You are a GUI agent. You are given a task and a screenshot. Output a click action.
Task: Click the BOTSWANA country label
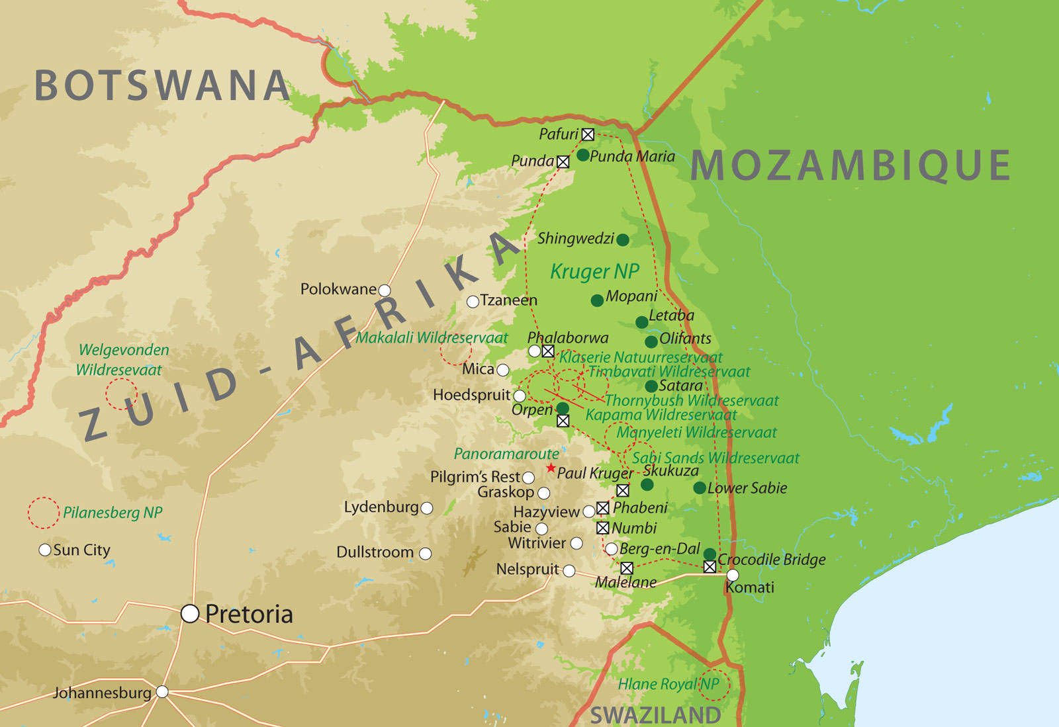pos(162,86)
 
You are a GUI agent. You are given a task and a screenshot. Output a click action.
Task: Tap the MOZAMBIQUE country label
pos(851,165)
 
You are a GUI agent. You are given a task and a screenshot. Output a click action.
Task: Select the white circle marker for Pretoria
pos(190,614)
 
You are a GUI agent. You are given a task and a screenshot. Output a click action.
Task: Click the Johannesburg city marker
pos(162,692)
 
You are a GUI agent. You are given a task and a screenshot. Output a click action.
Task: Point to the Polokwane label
pos(338,289)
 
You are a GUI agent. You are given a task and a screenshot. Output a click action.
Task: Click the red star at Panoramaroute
pos(551,468)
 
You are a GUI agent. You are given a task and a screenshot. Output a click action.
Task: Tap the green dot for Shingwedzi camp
pos(622,239)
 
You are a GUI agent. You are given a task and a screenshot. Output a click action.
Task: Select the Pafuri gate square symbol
pos(588,135)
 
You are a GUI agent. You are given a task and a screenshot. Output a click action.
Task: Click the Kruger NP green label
pos(594,271)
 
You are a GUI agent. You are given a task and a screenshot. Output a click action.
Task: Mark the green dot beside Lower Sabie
pos(700,488)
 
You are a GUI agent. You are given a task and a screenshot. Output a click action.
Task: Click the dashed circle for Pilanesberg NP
pos(44,513)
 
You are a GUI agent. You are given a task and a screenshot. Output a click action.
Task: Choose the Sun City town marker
pos(45,550)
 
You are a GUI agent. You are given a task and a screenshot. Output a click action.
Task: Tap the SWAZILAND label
pos(655,715)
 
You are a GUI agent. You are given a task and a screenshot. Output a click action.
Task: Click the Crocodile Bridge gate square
pos(710,567)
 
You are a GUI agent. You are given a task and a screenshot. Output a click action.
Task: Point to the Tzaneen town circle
pos(473,302)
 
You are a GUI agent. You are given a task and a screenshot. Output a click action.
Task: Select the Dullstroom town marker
pos(426,553)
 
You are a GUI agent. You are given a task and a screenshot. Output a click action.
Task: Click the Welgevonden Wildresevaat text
pos(123,359)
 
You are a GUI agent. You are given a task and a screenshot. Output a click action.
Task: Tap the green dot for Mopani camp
pos(597,300)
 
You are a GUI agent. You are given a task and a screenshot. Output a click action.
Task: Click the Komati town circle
pos(733,576)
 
